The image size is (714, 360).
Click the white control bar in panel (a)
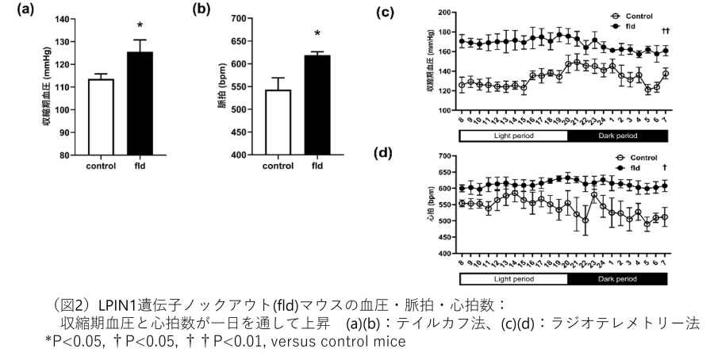(x=102, y=117)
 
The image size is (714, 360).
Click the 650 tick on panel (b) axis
(x=235, y=18)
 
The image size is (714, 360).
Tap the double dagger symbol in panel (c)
(x=666, y=30)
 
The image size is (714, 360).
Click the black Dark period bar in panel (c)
(x=619, y=136)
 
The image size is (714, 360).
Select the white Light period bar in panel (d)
(x=514, y=279)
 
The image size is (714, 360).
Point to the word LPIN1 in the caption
(x=116, y=304)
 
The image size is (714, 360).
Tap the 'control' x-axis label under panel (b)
(x=278, y=167)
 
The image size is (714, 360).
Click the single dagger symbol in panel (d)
(x=665, y=169)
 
